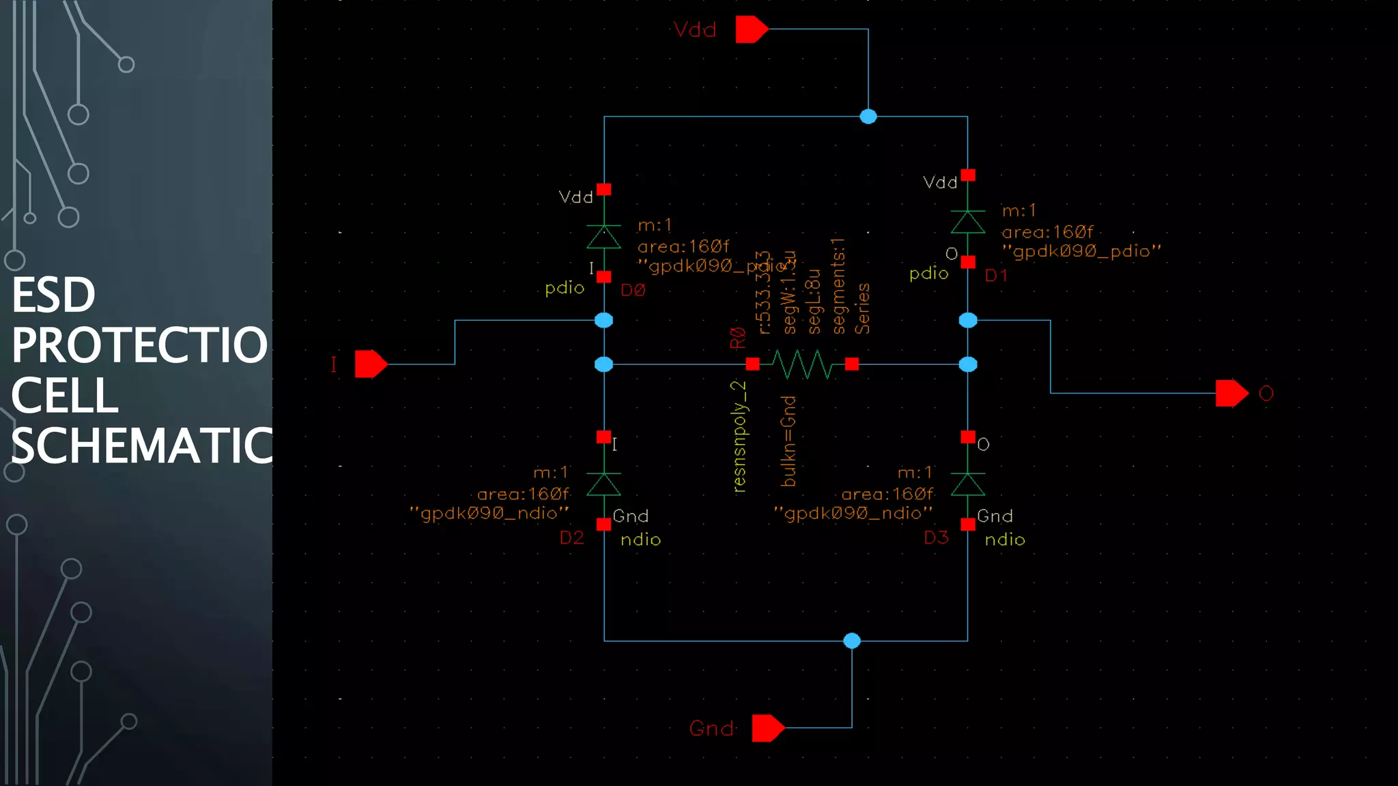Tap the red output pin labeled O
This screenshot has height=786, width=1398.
tap(1231, 393)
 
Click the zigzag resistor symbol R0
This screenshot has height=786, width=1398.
tap(802, 364)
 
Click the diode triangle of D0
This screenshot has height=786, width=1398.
tap(604, 237)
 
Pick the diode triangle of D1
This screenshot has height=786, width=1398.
tap(968, 222)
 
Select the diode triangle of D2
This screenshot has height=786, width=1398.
tap(604, 484)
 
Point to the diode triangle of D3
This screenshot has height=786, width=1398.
tap(968, 484)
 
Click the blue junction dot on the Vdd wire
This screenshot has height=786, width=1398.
tap(868, 117)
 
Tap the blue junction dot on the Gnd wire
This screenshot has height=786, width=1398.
tap(852, 641)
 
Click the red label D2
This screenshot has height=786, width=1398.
tap(572, 538)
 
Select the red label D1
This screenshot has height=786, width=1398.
tap(996, 276)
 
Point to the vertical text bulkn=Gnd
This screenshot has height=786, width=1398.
tap(788, 441)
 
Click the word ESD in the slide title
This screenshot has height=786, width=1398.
tap(53, 295)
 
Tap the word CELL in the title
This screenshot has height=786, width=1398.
tap(65, 396)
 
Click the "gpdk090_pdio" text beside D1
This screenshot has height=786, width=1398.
tap(1081, 252)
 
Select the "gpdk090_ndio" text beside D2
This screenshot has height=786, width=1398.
tap(489, 513)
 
